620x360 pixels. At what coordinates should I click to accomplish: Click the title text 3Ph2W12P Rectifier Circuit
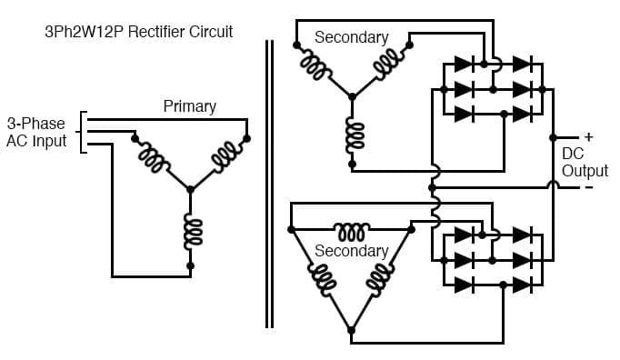coord(139,32)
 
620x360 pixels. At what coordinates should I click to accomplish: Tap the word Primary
coord(189,106)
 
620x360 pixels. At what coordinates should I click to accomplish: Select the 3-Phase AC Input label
coord(36,132)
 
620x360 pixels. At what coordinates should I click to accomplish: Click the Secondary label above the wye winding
coord(351,37)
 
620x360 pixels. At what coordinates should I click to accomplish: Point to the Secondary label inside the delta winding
coord(351,250)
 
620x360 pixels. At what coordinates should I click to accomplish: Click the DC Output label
coord(585,163)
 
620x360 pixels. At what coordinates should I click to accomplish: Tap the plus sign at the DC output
coord(588,137)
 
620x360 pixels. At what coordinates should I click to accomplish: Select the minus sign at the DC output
coord(588,187)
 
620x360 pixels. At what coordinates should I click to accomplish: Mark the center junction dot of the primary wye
coord(190,189)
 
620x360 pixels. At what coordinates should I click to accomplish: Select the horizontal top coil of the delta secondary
coord(351,228)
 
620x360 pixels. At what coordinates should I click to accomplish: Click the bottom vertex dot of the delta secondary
coord(351,329)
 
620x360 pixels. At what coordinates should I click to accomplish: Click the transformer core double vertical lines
coord(269,182)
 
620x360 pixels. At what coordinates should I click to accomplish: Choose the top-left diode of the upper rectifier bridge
coord(462,65)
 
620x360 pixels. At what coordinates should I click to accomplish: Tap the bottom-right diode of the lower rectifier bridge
coord(521,285)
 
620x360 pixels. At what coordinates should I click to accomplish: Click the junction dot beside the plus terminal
coord(553,138)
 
